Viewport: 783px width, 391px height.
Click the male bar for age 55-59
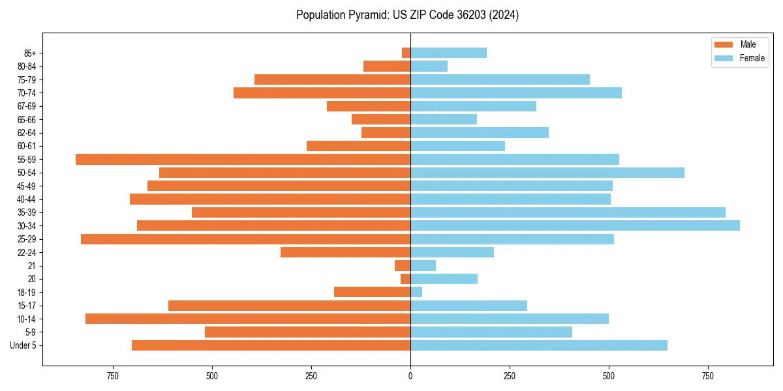(x=243, y=159)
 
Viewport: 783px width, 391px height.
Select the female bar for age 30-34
(x=575, y=225)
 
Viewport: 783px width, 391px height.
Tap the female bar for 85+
(x=448, y=53)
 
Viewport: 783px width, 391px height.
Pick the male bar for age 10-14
(x=248, y=319)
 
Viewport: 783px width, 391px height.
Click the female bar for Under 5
(x=539, y=345)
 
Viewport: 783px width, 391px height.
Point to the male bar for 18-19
(x=372, y=292)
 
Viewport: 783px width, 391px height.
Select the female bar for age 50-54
(x=547, y=173)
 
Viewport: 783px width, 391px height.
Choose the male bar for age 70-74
(x=322, y=93)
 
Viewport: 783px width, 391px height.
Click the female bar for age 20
(x=444, y=279)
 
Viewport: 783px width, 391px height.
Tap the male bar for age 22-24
(x=345, y=252)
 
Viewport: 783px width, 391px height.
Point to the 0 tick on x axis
(x=410, y=377)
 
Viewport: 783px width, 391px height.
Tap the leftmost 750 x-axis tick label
(x=112, y=377)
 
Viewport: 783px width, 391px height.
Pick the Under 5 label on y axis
(x=23, y=345)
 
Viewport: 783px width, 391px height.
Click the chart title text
(x=407, y=15)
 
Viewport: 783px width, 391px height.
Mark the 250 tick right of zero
(x=510, y=377)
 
